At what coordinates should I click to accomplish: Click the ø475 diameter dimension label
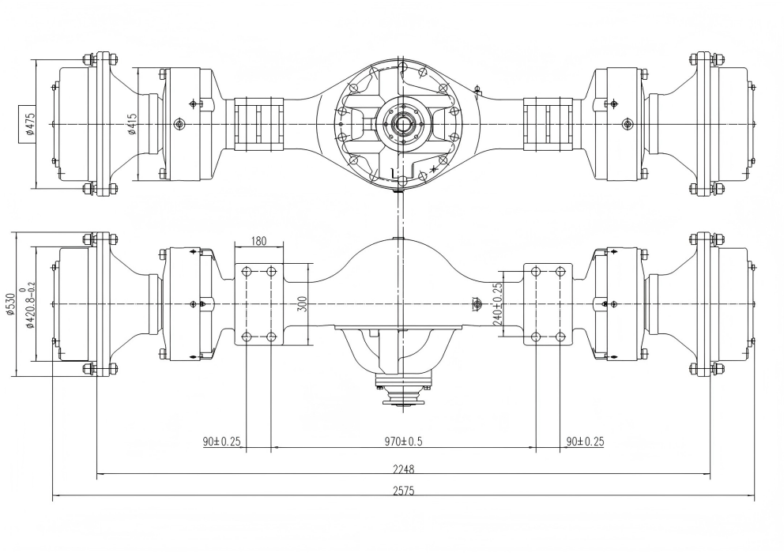click(x=29, y=124)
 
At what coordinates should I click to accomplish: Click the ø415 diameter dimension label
click(x=132, y=124)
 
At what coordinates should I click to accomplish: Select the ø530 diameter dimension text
click(x=9, y=303)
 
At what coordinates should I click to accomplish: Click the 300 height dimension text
click(x=301, y=303)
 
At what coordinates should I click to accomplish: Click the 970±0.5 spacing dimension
click(x=403, y=442)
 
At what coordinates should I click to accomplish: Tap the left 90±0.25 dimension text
click(x=220, y=442)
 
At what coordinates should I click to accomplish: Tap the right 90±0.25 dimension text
click(x=585, y=442)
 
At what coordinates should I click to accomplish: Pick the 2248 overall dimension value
click(x=403, y=468)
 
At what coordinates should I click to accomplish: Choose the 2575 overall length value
click(x=403, y=491)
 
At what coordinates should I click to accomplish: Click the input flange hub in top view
click(x=403, y=124)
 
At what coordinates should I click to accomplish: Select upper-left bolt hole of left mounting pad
click(x=247, y=272)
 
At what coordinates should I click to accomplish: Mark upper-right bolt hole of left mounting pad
click(x=271, y=272)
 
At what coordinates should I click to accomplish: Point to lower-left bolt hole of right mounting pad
click(x=536, y=337)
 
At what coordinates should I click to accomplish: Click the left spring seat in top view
click(x=259, y=124)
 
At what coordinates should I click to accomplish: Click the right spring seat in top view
click(x=548, y=124)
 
